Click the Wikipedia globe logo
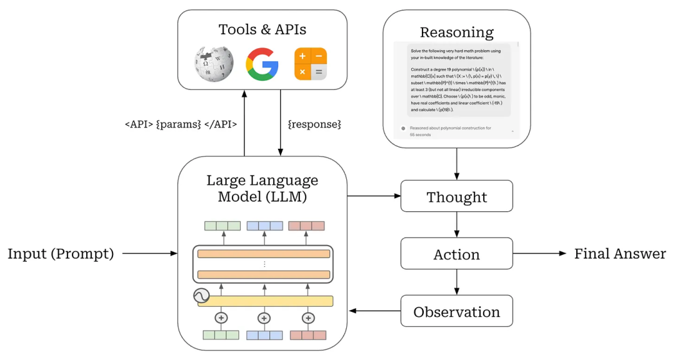[214, 63]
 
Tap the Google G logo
[262, 63]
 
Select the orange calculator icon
[311, 63]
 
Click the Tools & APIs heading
[262, 29]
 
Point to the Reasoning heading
[456, 32]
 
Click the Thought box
[456, 196]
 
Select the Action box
[456, 254]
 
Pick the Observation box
[456, 311]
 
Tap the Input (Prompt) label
[61, 254]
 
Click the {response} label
[314, 124]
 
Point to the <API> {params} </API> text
[181, 124]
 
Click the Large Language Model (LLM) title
[262, 188]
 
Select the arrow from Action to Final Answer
[539, 254]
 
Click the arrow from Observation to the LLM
[374, 311]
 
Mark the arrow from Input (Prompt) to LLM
[150, 254]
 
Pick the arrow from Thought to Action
[456, 225]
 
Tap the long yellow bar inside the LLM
[266, 301]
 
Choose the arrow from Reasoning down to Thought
[456, 164]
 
